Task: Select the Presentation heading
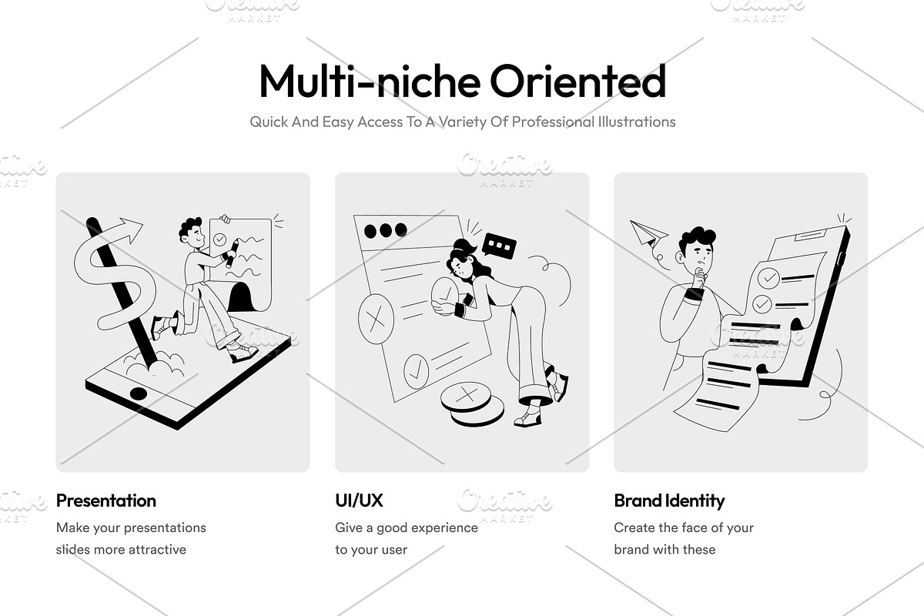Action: pyautogui.click(x=106, y=501)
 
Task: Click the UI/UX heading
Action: pyautogui.click(x=359, y=500)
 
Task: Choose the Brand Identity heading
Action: pyautogui.click(x=669, y=501)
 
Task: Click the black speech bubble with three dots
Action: pyautogui.click(x=499, y=246)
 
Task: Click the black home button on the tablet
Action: pyautogui.click(x=138, y=393)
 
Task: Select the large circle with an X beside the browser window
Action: pyautogui.click(x=376, y=319)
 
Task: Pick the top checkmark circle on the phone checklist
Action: pyautogui.click(x=768, y=279)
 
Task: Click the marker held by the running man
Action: pyautogui.click(x=232, y=254)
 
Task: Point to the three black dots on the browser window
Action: pyautogui.click(x=386, y=230)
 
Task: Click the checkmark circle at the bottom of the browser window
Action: pyautogui.click(x=416, y=371)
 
